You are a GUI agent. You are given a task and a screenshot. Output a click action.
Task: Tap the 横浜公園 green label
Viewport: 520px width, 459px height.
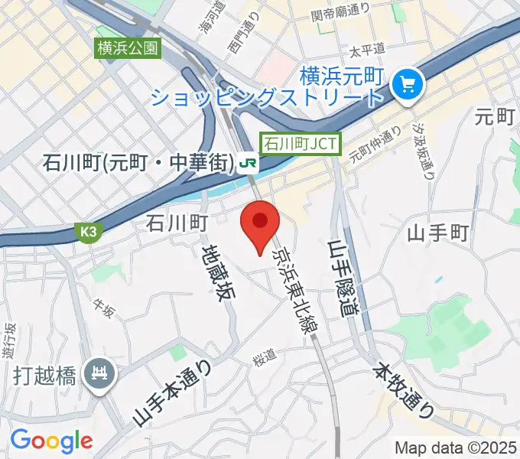coord(128,48)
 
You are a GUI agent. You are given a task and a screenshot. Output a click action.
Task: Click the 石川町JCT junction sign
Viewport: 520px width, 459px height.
coord(301,143)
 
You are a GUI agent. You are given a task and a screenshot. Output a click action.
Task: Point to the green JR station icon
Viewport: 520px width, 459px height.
coord(247,163)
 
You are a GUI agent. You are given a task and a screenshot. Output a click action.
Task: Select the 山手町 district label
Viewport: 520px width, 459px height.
coord(437,232)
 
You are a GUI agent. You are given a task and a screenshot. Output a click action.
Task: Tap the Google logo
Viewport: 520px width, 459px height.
coord(51,441)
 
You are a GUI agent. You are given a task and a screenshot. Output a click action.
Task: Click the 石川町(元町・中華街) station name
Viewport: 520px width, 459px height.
coord(137,163)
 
